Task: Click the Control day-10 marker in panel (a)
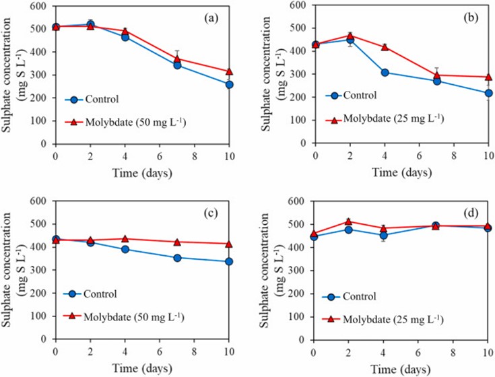tap(230, 84)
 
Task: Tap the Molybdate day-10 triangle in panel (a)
tap(230, 71)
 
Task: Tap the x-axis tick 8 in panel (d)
tap(453, 351)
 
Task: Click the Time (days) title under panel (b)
tap(401, 172)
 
